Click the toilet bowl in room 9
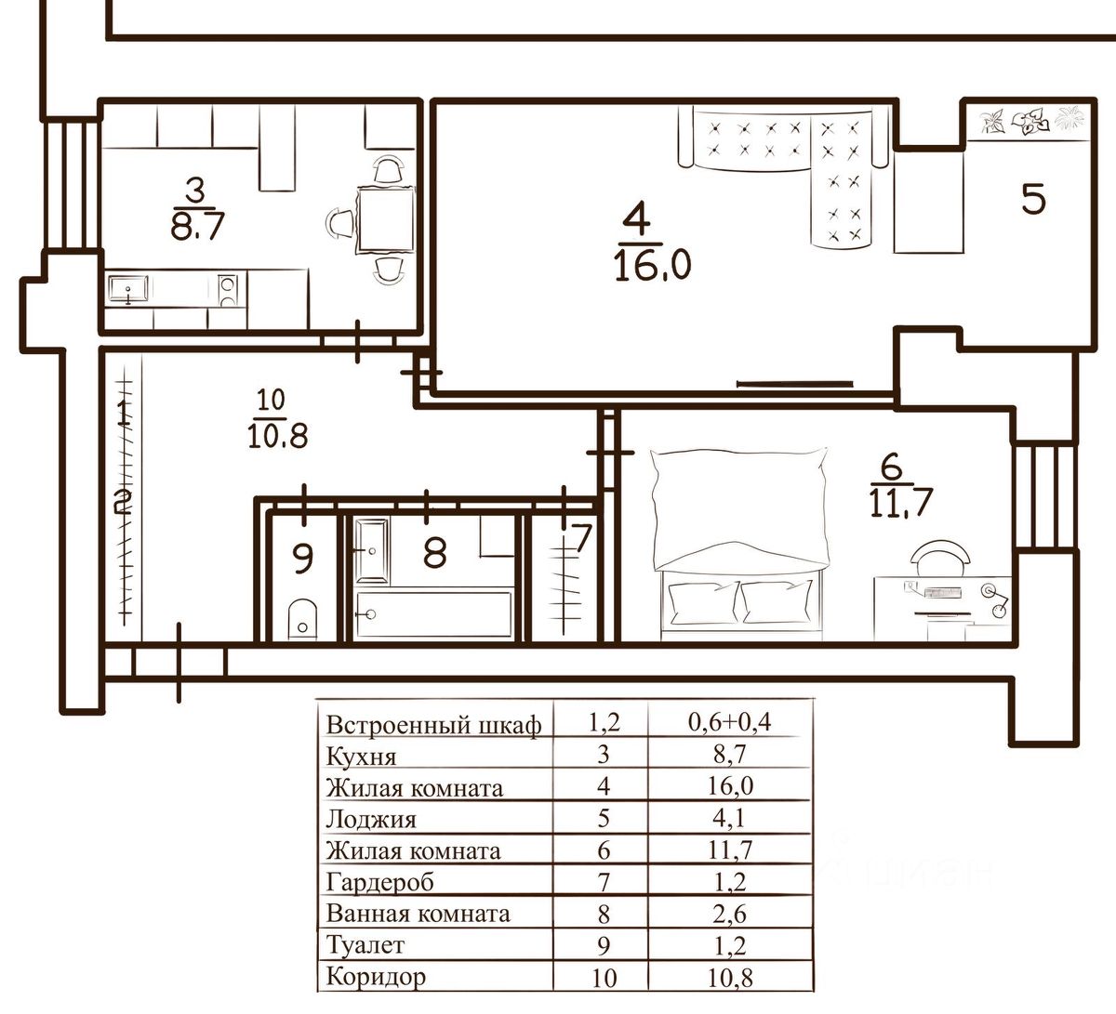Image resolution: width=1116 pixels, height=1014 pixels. pos(302,619)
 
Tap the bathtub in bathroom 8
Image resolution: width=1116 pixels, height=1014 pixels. pos(433,614)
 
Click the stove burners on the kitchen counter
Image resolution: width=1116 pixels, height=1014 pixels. pos(228,291)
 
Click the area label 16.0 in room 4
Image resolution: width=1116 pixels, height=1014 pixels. pos(653,264)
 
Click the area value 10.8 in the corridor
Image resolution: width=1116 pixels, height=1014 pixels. pos(278,435)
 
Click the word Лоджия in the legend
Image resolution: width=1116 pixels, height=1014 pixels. pos(370,820)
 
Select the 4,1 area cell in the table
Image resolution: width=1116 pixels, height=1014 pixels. pos(729,818)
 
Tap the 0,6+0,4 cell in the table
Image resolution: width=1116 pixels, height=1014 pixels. pos(729,722)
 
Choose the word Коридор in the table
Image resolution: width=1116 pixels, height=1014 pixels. pos(376,977)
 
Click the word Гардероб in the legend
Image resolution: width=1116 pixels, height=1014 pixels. pos(379,882)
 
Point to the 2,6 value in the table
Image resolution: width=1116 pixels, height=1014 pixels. pos(729,914)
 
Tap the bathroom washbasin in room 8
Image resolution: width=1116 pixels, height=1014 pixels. pos(372,550)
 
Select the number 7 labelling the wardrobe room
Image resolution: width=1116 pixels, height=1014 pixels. pos(581,538)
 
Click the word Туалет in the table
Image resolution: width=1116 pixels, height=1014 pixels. pos(365,944)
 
